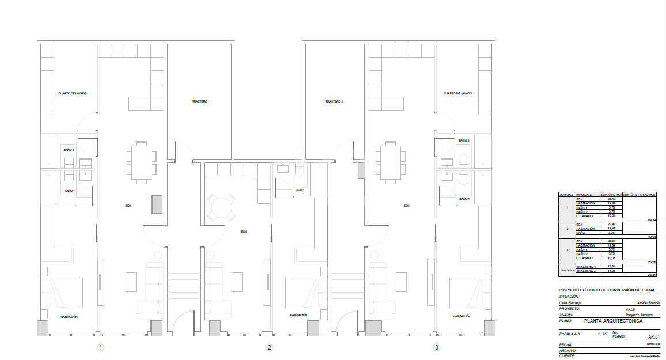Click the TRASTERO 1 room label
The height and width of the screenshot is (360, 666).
pyautogui.click(x=200, y=101)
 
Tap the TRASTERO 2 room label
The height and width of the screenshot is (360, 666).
pyautogui.click(x=334, y=101)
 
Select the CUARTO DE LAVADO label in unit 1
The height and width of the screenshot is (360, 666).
pyautogui.click(x=73, y=93)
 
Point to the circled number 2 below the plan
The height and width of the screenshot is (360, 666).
pyautogui.click(x=269, y=347)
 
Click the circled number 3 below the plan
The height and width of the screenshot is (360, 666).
pyautogui.click(x=437, y=347)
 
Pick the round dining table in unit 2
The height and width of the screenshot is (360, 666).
pyautogui.click(x=221, y=206)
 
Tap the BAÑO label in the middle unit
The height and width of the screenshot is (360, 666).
pyautogui.click(x=300, y=190)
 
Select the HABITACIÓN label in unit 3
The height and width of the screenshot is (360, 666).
pyautogui.click(x=461, y=316)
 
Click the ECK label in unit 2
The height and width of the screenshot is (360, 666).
pyautogui.click(x=244, y=232)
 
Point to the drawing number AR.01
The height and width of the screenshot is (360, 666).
pyautogui.click(x=654, y=337)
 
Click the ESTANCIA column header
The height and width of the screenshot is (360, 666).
pyautogui.click(x=584, y=195)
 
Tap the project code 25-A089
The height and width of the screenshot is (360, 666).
pyautogui.click(x=566, y=316)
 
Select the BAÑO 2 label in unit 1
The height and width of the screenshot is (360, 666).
pyautogui.click(x=69, y=150)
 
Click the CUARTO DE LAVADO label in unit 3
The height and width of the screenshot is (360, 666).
pyautogui.click(x=458, y=93)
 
